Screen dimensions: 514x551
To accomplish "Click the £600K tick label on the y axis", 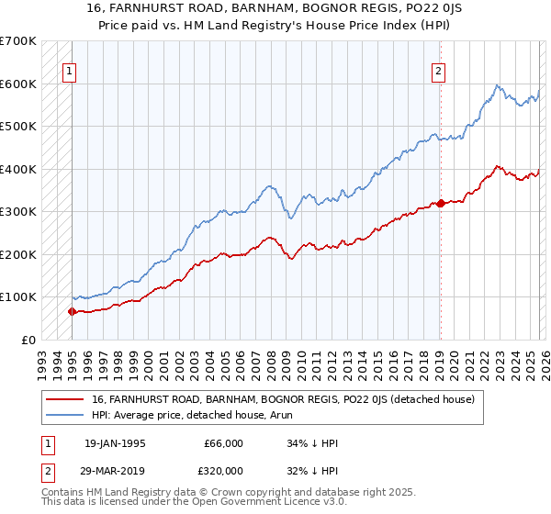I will pyautogui.click(x=18, y=84).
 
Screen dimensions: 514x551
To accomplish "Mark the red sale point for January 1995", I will pyautogui.click(x=72, y=311).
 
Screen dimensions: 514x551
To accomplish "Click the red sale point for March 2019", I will pyautogui.click(x=440, y=203).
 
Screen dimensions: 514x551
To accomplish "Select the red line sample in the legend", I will pyautogui.click(x=65, y=399).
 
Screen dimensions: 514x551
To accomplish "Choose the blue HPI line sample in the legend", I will pyautogui.click(x=65, y=415).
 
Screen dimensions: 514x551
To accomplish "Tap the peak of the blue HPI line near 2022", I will pyautogui.click(x=497, y=85).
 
